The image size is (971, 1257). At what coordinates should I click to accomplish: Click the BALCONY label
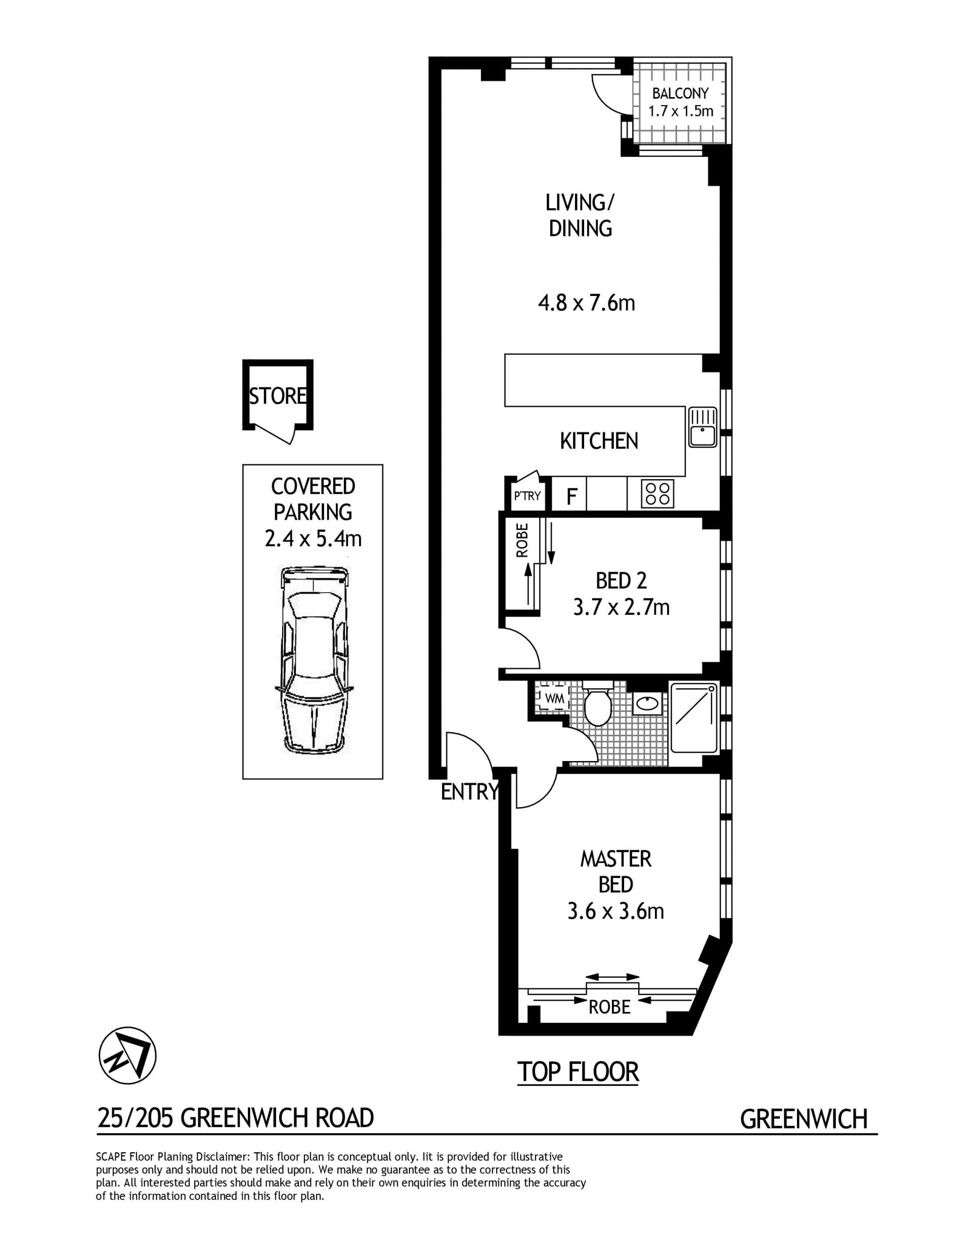681,93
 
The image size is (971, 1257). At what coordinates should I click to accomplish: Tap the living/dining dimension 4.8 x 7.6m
586,303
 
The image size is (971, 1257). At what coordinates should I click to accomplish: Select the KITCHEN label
599,441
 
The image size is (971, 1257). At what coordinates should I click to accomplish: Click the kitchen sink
702,427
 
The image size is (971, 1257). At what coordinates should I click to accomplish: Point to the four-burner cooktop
658,493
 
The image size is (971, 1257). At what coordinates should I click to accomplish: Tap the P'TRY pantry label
527,495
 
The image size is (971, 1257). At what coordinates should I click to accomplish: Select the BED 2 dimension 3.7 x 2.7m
621,607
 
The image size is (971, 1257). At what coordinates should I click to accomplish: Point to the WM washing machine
554,699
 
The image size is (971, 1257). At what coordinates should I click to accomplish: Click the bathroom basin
647,703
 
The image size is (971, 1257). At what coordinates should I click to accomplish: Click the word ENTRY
469,792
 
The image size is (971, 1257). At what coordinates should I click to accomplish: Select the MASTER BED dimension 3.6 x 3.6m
615,911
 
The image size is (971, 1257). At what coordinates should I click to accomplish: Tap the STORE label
278,396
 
